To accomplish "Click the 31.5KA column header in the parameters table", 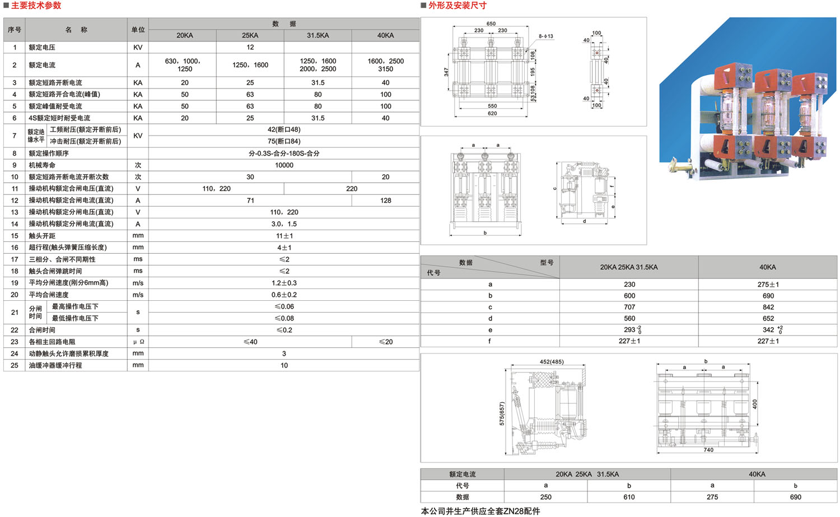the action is (318, 35).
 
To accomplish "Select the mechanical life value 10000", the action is (284, 165).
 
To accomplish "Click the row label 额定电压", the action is (42, 47).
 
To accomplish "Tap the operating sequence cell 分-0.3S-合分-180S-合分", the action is (284, 153).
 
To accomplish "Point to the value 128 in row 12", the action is (385, 201).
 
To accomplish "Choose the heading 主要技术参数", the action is (36, 5).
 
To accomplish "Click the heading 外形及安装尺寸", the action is (458, 5).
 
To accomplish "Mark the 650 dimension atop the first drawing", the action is (491, 24).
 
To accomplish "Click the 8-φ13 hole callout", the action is (546, 36).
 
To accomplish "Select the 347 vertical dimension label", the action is (446, 72).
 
